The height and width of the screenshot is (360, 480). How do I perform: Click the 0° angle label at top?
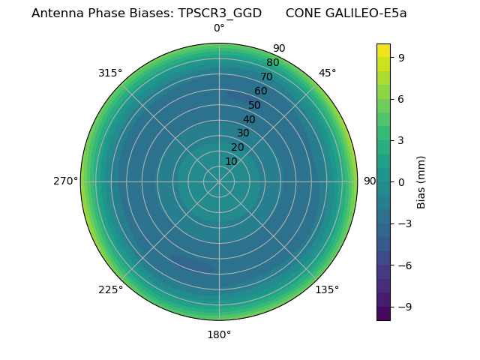[219, 28]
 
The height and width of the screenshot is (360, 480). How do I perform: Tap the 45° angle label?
[327, 73]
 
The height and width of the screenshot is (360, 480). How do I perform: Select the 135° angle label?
[327, 289]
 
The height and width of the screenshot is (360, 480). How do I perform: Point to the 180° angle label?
[219, 334]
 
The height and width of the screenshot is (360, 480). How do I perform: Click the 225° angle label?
[110, 290]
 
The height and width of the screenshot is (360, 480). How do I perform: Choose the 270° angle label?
[65, 181]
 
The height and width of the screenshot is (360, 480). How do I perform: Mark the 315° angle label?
[110, 73]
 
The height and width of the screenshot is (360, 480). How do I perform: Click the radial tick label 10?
[231, 161]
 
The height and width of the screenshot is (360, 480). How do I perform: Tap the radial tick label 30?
[243, 133]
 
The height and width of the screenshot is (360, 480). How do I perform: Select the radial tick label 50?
[255, 105]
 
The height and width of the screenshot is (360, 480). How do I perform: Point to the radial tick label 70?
[266, 76]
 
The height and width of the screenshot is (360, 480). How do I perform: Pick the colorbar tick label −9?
[405, 307]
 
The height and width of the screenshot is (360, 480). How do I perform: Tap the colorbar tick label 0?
[402, 181]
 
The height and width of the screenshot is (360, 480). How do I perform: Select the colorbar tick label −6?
[405, 265]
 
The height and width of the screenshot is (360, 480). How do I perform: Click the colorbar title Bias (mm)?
[421, 181]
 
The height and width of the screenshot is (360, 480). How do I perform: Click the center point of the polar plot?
[219, 181]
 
